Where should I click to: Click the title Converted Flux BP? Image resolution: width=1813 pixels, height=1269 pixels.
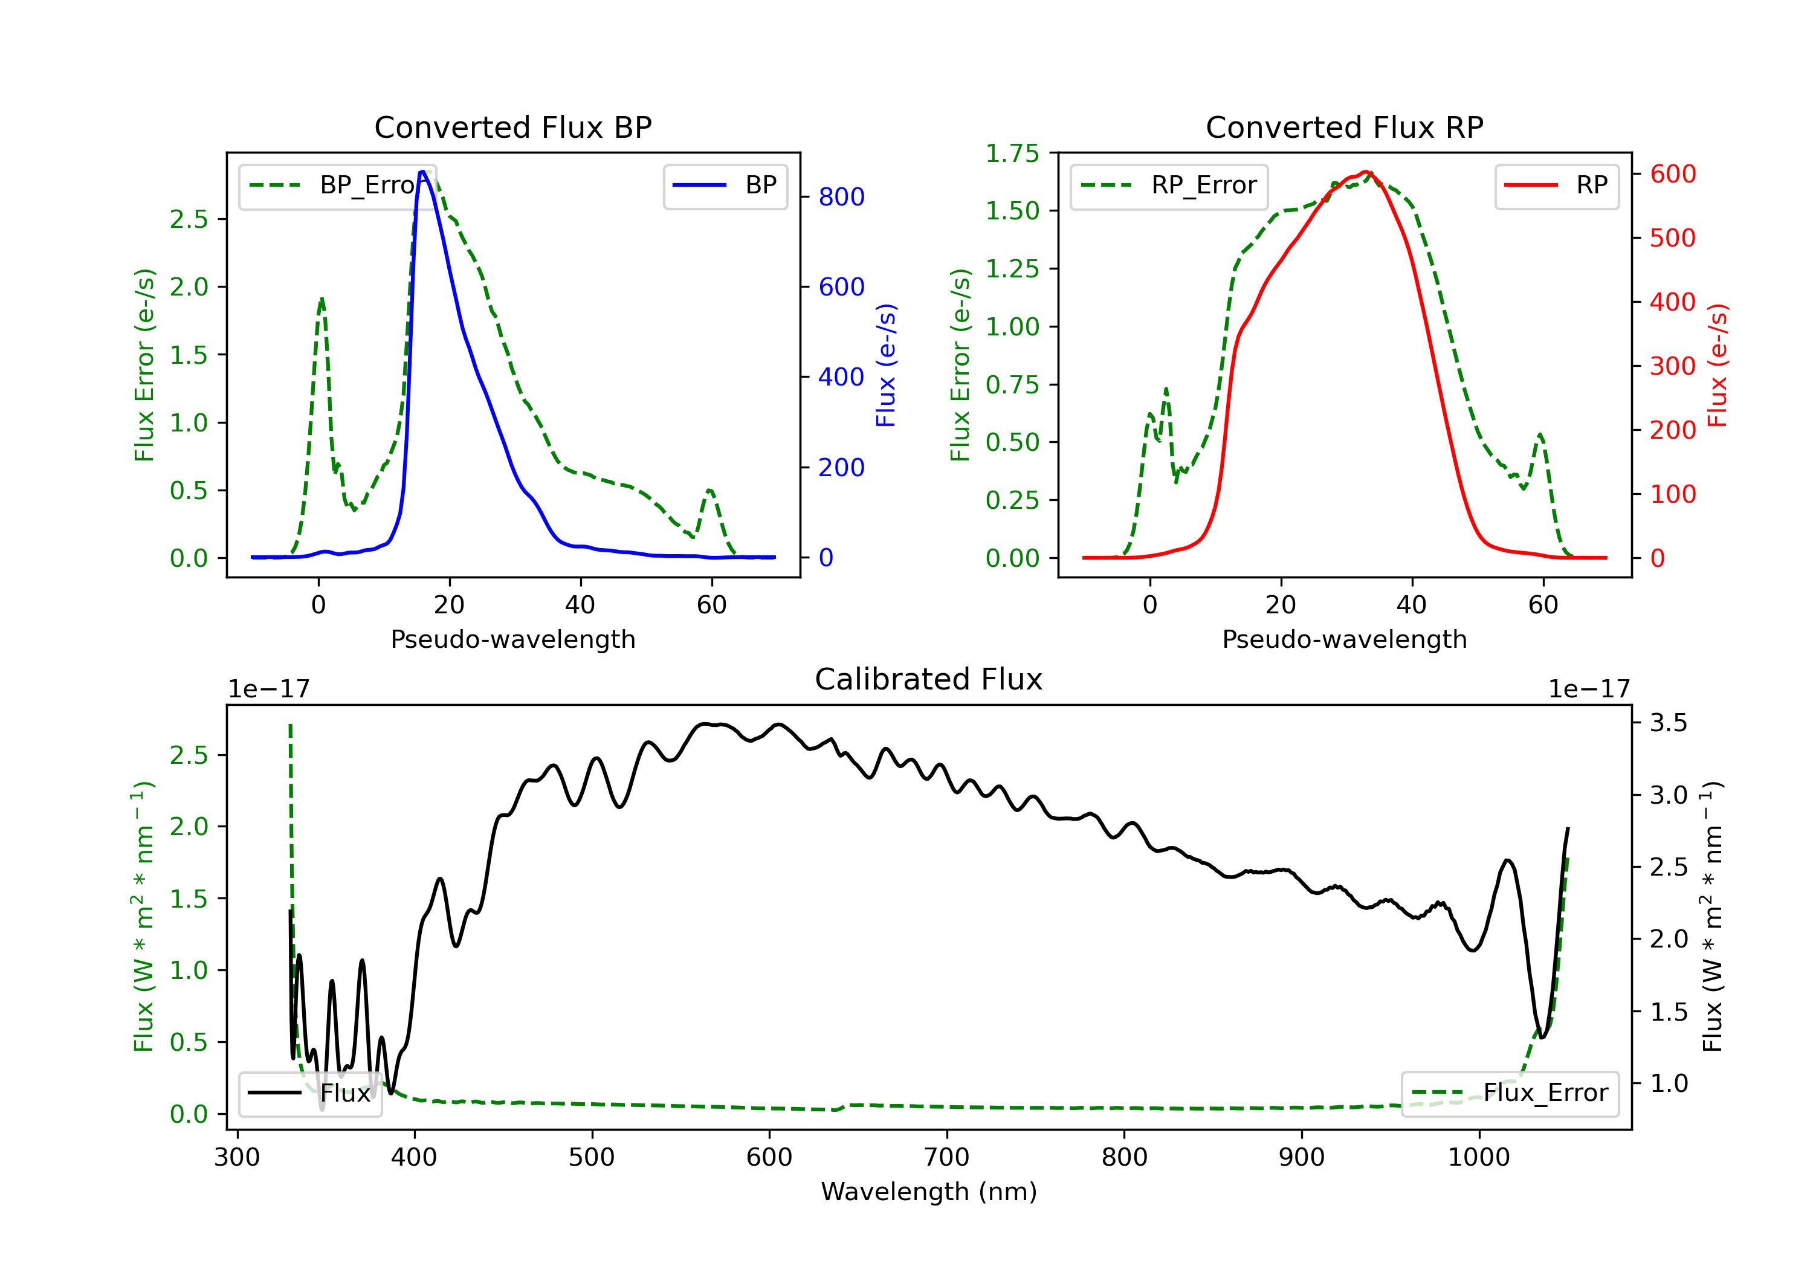coord(512,127)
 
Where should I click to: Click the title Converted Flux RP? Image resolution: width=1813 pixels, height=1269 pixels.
coord(1344,127)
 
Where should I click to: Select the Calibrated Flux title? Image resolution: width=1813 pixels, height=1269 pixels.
coord(929,679)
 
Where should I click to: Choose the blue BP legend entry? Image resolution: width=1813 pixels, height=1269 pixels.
coord(725,186)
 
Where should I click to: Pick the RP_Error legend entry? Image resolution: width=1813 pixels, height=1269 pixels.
coord(1169,186)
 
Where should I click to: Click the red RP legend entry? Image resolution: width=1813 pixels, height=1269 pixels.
coord(1556,186)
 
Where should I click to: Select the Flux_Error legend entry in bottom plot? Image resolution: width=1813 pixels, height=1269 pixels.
coord(1510,1093)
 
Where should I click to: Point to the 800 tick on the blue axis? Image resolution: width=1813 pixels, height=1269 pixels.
coord(842,196)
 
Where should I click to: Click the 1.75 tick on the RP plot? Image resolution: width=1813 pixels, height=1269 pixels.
coord(1012,153)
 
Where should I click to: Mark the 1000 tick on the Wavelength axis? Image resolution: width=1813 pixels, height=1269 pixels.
coord(1479,1158)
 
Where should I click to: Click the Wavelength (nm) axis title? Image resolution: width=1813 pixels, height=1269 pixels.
coord(929,1192)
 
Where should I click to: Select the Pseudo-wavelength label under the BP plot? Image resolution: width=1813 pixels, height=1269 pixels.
coord(512,639)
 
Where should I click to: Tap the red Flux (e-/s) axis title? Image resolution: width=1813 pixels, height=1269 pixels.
coord(1718,366)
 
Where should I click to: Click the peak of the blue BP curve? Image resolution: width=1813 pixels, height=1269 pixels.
coord(422,172)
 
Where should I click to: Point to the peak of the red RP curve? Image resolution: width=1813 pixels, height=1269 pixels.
coord(1366,172)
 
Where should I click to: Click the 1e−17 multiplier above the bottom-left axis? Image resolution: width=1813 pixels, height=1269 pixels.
coord(268,689)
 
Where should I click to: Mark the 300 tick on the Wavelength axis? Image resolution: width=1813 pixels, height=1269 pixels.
coord(237,1158)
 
